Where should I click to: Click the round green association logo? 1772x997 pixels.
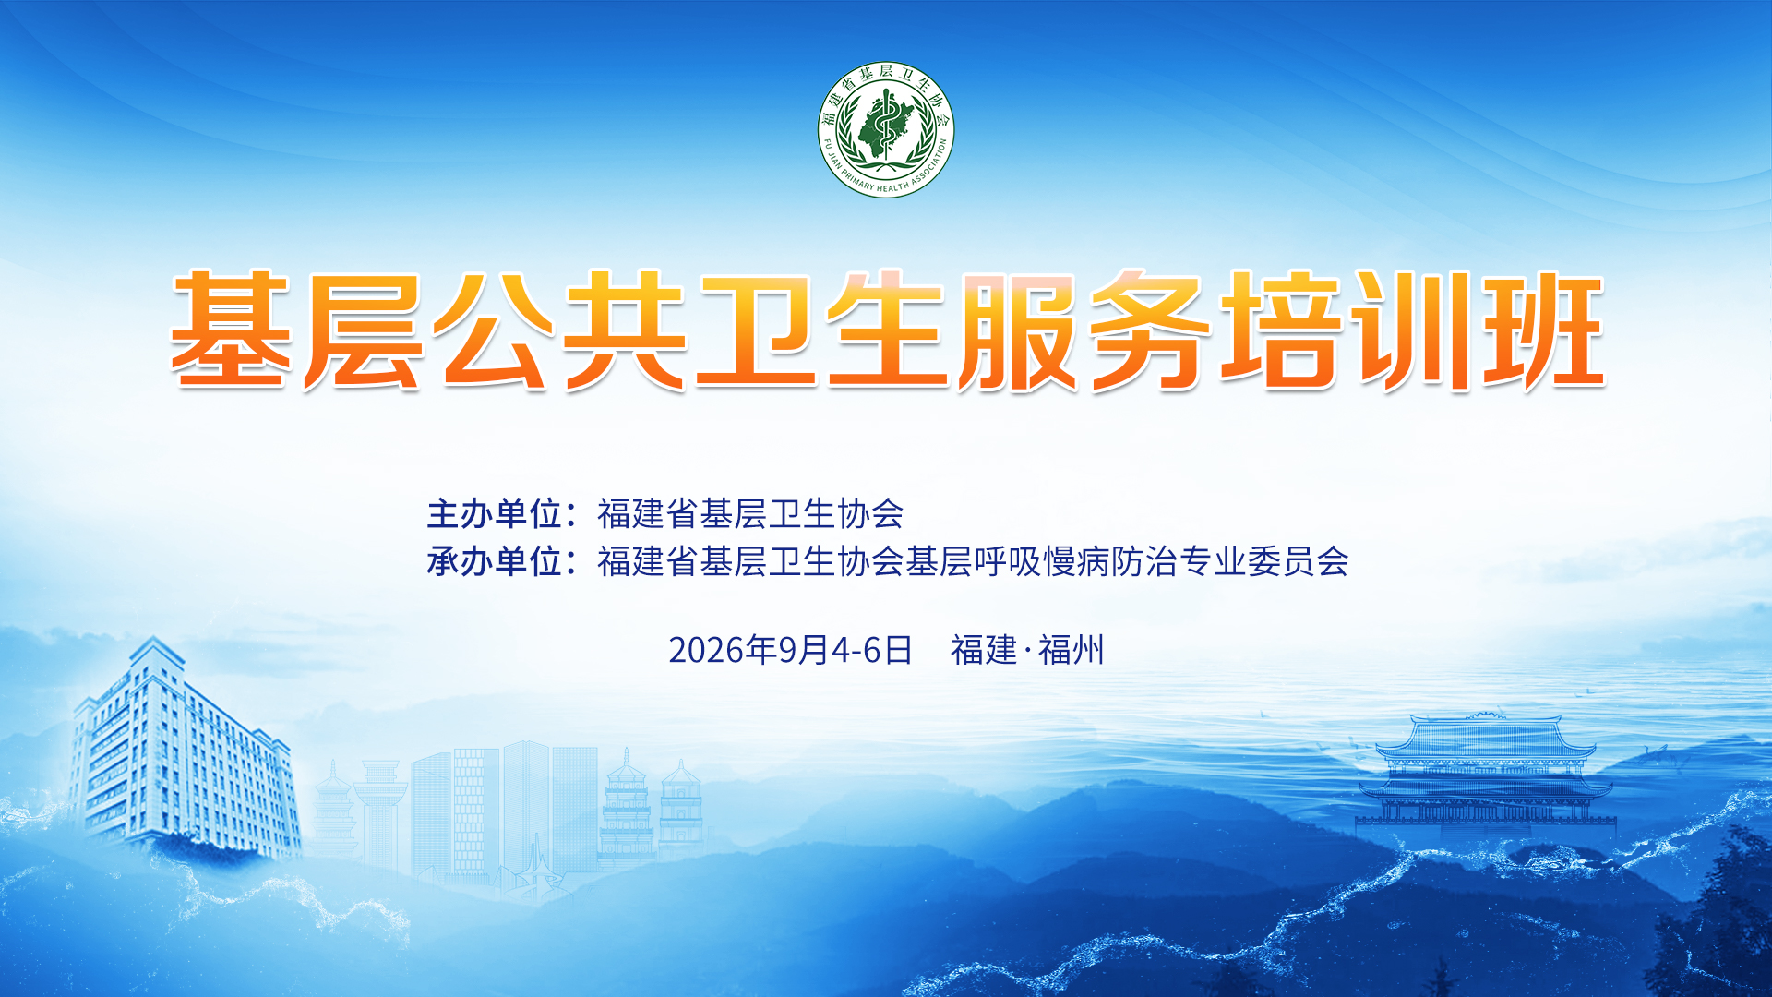(886, 130)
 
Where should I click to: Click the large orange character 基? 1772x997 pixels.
(232, 330)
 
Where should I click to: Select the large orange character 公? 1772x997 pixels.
(494, 330)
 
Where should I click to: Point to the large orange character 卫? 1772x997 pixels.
(757, 330)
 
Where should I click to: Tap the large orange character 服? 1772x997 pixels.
(1018, 330)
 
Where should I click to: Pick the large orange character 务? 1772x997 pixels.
(1150, 330)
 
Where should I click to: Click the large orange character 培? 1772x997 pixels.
(1281, 330)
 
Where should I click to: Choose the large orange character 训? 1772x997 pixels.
(1412, 330)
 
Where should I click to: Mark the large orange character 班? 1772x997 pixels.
(1544, 330)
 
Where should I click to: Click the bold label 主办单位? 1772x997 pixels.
(496, 513)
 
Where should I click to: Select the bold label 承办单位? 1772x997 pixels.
(496, 561)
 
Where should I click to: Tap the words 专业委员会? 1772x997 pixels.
(1264, 561)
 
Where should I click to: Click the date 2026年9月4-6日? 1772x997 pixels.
(790, 650)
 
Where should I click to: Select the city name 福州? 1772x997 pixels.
(1072, 650)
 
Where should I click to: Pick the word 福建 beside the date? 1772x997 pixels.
(984, 650)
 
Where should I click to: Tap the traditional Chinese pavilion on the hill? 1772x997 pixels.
(1485, 771)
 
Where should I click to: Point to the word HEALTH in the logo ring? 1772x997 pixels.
(892, 187)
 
